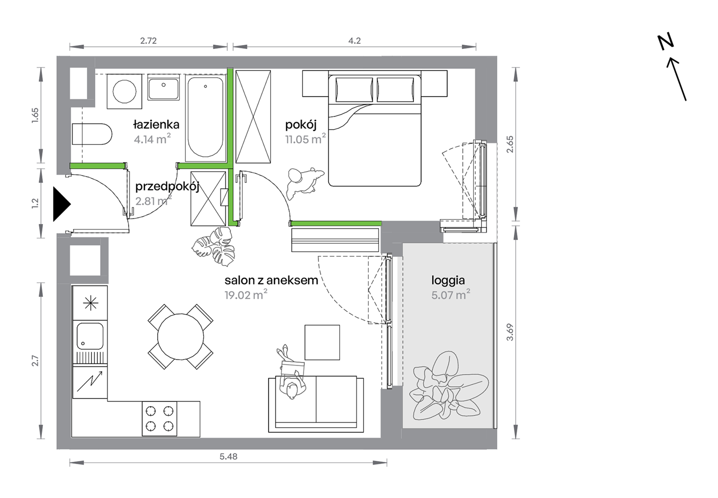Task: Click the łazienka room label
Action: (x=156, y=124)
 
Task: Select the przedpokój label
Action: (x=167, y=187)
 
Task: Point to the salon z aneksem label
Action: (x=271, y=280)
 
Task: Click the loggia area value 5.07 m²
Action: (x=451, y=294)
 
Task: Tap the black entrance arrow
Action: (x=62, y=204)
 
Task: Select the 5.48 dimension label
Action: (x=229, y=456)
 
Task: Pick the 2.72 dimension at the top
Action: (x=148, y=40)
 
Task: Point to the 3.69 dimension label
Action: (x=510, y=332)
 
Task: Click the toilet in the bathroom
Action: (x=92, y=134)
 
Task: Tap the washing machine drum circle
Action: (x=124, y=91)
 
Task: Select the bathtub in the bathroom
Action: (x=205, y=118)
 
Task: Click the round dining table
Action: (x=181, y=337)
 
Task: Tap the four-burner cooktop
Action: (x=159, y=419)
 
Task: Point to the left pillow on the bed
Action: (x=354, y=90)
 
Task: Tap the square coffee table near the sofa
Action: (x=322, y=342)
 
